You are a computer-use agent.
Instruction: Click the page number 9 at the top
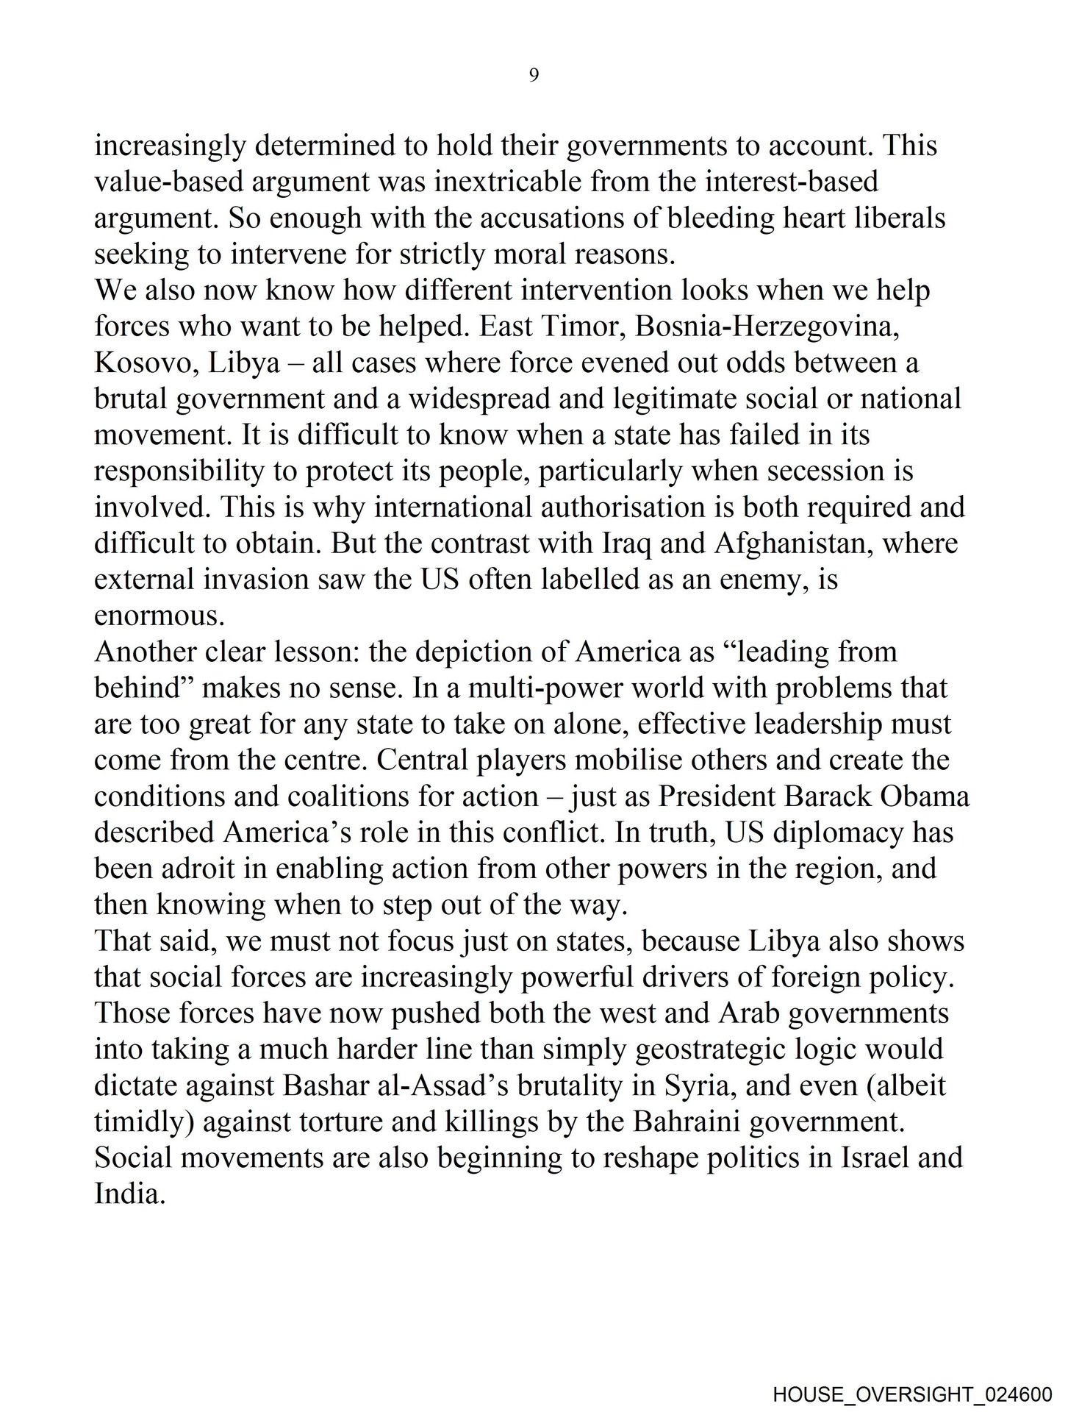534,75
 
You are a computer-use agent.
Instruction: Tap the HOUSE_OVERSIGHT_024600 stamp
911,1391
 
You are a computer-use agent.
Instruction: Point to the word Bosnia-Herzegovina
767,327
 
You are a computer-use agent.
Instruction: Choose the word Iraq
623,543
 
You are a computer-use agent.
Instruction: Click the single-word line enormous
159,616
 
